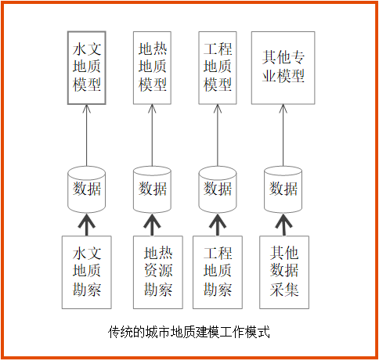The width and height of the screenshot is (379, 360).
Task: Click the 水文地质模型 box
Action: point(87,68)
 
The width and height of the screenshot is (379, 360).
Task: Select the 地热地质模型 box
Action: point(152,68)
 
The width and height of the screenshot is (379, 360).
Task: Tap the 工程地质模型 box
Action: point(218,68)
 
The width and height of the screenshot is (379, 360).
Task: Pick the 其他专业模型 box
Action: point(283,68)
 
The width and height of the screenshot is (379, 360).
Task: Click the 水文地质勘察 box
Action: point(87,272)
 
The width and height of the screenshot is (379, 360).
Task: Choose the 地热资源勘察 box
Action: point(158,272)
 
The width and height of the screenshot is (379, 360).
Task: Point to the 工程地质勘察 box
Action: point(218,272)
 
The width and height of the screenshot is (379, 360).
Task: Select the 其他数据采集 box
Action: point(284,272)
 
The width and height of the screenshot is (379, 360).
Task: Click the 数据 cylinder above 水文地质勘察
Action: point(87,189)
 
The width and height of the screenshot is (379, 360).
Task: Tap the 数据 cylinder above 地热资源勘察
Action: point(152,189)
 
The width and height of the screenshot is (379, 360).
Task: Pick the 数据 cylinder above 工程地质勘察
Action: point(218,189)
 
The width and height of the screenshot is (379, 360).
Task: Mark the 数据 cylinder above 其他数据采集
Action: point(283,189)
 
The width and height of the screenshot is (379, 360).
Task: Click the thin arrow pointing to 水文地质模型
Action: point(87,135)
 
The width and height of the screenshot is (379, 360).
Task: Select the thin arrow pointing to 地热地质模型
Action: point(152,135)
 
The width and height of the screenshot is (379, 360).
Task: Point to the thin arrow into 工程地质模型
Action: point(218,135)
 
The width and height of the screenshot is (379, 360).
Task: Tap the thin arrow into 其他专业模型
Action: point(283,135)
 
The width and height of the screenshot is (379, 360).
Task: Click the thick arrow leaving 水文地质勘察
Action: point(87,225)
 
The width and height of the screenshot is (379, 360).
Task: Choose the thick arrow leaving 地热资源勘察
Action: point(152,225)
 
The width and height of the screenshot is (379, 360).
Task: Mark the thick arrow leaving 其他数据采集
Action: point(283,225)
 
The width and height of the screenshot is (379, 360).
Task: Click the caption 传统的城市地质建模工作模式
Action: point(189,332)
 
